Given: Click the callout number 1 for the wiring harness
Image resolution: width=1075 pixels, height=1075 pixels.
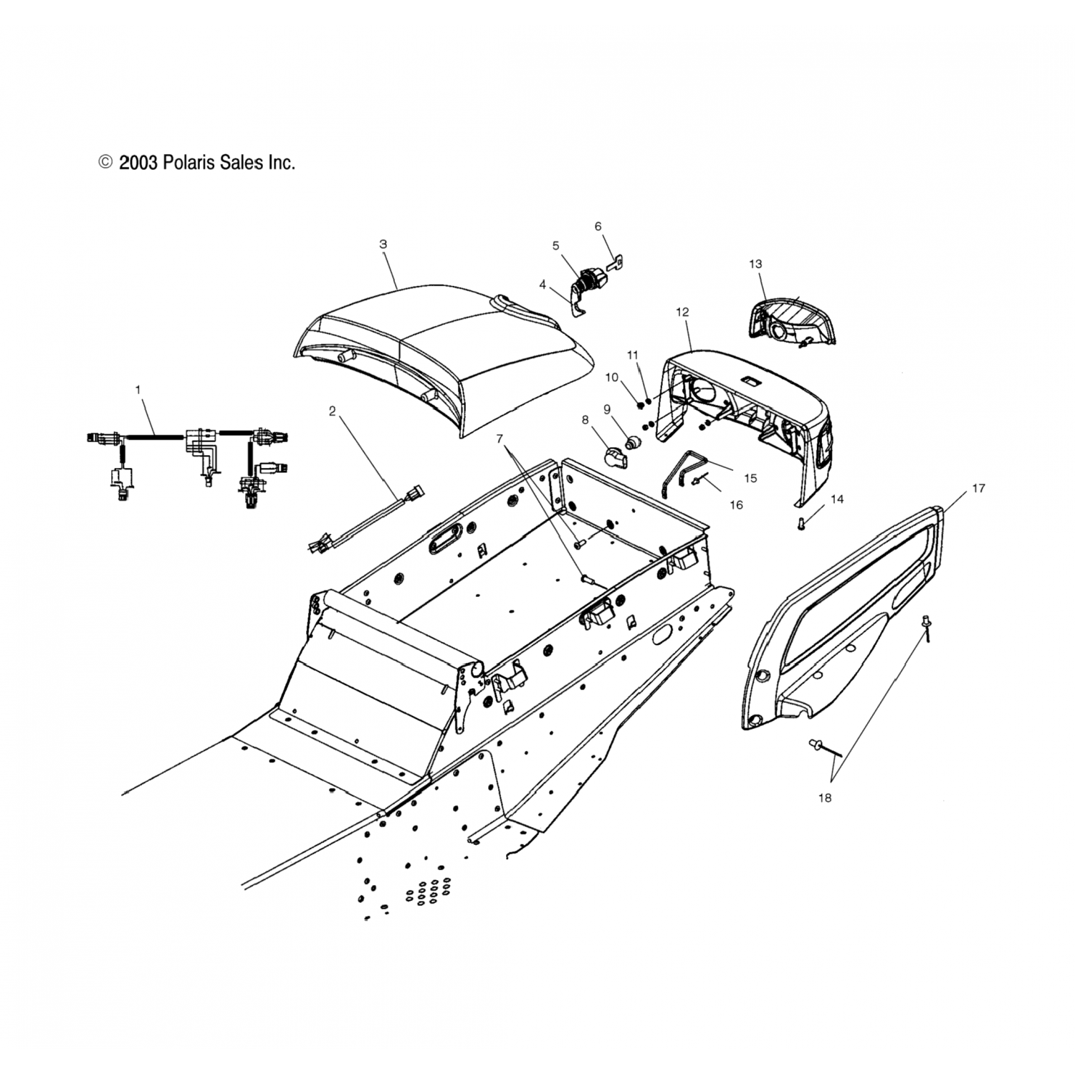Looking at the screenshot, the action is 138,390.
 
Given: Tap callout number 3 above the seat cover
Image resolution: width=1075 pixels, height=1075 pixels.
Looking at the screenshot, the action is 383,244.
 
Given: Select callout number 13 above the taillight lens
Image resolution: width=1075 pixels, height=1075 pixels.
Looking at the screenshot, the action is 755,264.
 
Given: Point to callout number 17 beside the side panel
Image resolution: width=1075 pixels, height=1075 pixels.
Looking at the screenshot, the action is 978,488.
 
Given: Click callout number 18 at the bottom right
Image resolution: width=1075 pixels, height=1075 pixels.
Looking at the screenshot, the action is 825,798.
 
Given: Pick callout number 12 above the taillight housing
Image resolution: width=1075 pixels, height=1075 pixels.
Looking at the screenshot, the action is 682,312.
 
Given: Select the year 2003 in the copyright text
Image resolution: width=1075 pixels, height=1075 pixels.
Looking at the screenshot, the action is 138,163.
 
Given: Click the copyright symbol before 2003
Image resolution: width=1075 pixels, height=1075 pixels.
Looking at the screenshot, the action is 106,163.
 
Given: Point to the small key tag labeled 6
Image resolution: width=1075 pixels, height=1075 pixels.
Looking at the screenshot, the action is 613,263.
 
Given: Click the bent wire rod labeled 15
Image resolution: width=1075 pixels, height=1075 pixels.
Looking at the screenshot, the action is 681,473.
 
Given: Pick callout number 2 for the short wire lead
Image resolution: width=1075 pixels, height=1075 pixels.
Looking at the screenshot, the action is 332,411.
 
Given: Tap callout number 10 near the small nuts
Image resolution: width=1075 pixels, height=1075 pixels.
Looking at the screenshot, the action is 611,377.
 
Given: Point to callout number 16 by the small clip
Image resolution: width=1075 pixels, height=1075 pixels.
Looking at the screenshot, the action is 736,505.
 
